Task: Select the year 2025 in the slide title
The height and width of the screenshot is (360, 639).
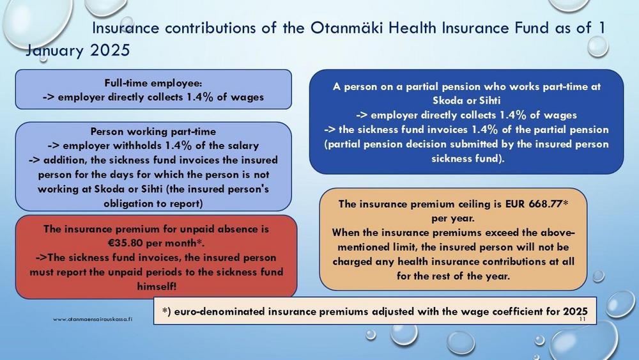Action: click(110, 51)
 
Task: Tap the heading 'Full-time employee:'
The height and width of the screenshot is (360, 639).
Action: click(153, 83)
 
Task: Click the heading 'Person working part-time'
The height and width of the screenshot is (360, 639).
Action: click(153, 132)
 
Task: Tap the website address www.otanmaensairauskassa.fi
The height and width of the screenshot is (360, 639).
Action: click(93, 319)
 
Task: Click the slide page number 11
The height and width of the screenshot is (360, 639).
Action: click(582, 319)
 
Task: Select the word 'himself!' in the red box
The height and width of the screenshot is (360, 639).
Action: click(157, 286)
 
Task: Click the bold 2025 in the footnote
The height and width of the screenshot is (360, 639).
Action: click(576, 311)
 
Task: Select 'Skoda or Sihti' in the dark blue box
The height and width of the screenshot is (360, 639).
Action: click(466, 100)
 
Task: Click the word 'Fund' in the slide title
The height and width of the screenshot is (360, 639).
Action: click(532, 27)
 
